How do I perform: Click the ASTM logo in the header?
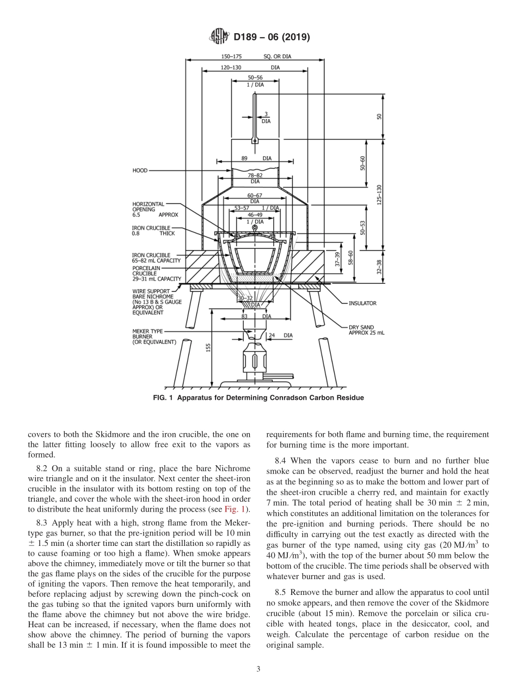pos(219,37)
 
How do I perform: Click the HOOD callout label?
pos(140,171)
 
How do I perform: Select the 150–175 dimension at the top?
pos(231,56)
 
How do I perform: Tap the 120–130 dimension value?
pos(231,68)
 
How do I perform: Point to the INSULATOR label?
pos(362,303)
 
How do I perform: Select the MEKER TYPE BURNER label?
pos(154,336)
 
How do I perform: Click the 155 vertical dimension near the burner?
pos(208,347)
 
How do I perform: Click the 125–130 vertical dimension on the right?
pos(379,194)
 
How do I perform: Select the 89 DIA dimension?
pos(255,159)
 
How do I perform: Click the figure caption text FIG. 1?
pos(259,398)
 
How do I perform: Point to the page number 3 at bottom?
pos(258,670)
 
